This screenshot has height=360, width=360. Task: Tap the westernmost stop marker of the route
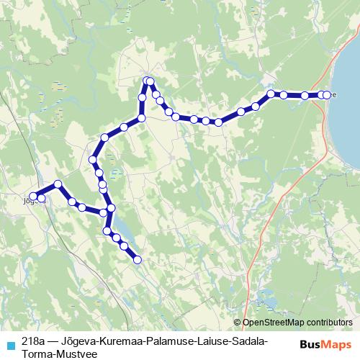(33, 197)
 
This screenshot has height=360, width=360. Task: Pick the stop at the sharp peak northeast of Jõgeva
(58, 184)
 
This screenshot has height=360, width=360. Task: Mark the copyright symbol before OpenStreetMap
(238, 323)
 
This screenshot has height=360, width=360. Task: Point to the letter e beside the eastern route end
(332, 94)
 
